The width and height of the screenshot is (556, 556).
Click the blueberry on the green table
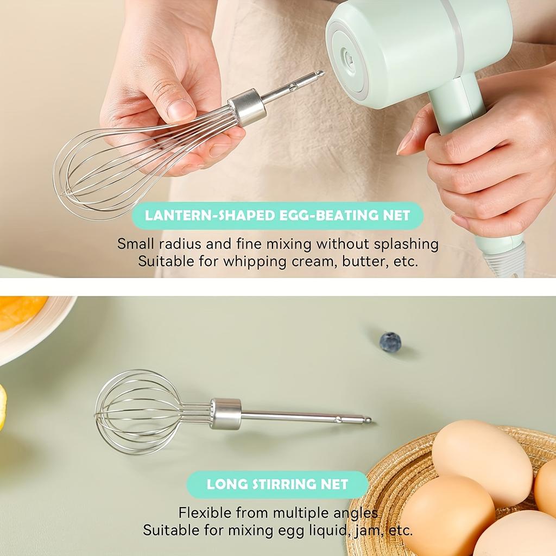[x=390, y=343]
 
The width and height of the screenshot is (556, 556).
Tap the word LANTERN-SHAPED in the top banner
[x=210, y=216]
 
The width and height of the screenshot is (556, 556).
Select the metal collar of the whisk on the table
[x=226, y=414]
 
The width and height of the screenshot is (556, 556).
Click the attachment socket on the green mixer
[x=347, y=60]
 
